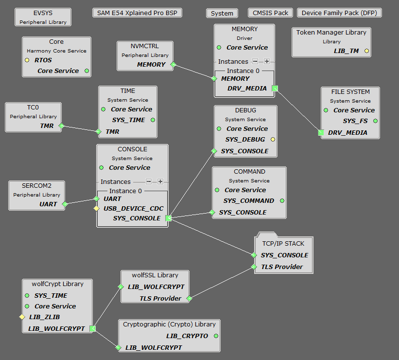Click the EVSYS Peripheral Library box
[43, 17]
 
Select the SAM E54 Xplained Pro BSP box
[137, 13]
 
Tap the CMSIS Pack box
[271, 13]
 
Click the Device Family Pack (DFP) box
[339, 13]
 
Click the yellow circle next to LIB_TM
[366, 51]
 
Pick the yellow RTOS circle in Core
[27, 60]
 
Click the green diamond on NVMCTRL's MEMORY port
[173, 64]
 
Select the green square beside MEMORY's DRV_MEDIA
[275, 88]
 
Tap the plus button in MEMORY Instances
[266, 62]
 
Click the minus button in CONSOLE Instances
[149, 181]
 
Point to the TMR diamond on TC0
[61, 126]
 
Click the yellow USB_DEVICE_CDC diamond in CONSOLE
[97, 209]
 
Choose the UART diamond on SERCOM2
[65, 204]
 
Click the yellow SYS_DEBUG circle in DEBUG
[273, 140]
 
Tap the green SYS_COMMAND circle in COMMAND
[282, 200]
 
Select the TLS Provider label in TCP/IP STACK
[282, 267]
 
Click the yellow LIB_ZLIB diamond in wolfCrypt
[22, 317]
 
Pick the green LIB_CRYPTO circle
[216, 336]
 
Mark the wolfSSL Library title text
[155, 275]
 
